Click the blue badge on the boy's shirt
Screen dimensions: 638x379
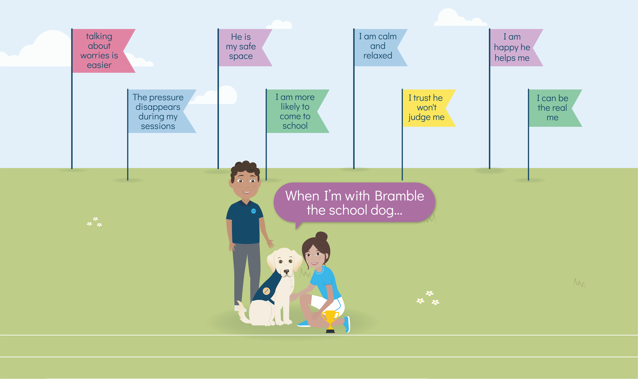(x=253, y=211)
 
